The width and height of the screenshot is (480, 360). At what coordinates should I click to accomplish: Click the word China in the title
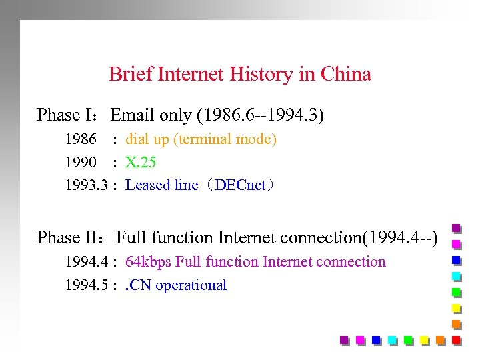point(345,74)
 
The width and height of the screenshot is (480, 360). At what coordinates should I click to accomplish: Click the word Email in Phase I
point(133,115)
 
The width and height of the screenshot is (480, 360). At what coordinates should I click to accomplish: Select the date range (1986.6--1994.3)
point(261,115)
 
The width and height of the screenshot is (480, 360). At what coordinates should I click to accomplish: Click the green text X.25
point(141,162)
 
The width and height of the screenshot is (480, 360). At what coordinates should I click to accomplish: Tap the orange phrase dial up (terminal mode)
point(201,139)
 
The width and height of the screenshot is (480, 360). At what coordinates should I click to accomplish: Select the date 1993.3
point(86,185)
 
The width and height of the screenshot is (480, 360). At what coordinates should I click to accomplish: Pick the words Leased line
point(161,185)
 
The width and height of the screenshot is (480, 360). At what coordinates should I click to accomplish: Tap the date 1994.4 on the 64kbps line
point(86,262)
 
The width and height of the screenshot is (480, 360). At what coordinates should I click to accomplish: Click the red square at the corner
point(457,340)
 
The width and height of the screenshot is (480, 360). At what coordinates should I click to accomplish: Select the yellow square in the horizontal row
point(425,340)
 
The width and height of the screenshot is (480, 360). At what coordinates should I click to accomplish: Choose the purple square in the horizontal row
point(345,340)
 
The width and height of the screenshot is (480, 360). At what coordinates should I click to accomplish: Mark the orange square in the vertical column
point(457,324)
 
